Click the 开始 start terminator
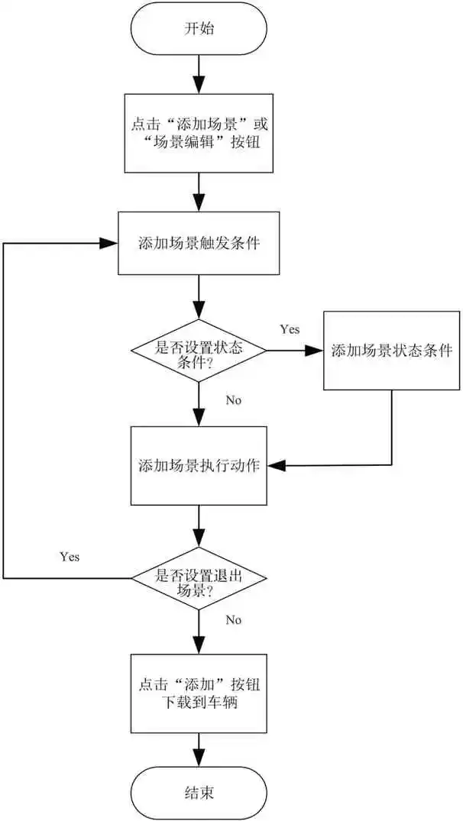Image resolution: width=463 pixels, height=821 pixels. click(199, 29)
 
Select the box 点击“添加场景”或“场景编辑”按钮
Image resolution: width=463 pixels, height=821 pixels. click(199, 134)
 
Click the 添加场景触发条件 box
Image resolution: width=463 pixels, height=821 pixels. click(199, 244)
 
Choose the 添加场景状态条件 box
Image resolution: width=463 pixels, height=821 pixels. click(392, 351)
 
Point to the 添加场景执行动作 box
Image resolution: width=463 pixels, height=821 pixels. click(199, 465)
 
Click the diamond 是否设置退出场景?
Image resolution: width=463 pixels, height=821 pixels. click(199, 577)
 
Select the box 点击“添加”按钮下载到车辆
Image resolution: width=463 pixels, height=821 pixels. click(199, 693)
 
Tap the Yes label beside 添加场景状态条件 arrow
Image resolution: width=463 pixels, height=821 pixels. click(290, 329)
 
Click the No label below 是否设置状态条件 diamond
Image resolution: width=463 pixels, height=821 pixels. click(235, 399)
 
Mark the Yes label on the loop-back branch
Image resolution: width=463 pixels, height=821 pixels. click(69, 556)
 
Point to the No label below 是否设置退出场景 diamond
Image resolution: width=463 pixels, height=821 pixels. click(234, 619)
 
